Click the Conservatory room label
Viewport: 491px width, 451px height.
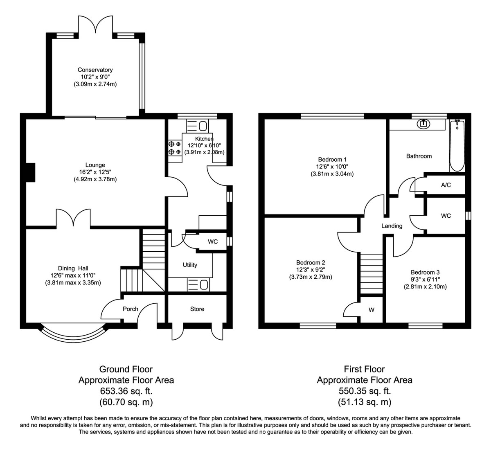tap(95, 70)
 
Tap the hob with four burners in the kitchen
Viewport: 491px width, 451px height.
tap(175, 148)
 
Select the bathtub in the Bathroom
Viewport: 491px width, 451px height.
tap(457, 145)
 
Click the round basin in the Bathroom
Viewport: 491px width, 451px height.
tap(423, 124)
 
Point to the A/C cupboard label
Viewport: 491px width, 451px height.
tap(446, 185)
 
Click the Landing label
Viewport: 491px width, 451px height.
tap(392, 226)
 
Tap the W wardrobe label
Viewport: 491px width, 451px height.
tap(371, 310)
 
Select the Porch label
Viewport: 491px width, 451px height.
tap(130, 309)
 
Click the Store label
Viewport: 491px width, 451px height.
tap(197, 309)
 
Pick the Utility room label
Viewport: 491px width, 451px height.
tap(190, 265)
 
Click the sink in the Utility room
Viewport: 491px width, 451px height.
tap(198, 284)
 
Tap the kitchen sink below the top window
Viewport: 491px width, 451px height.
tap(197, 126)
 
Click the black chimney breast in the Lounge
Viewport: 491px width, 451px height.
tap(31, 173)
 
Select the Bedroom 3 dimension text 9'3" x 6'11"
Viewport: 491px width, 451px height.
tap(425, 280)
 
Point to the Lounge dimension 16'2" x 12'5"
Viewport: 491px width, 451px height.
tap(95, 172)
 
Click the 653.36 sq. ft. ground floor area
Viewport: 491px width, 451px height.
tap(126, 391)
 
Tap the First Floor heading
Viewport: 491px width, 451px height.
tap(364, 369)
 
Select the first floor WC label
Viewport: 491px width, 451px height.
tap(446, 216)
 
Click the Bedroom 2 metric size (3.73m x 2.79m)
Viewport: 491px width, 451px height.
tap(311, 277)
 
